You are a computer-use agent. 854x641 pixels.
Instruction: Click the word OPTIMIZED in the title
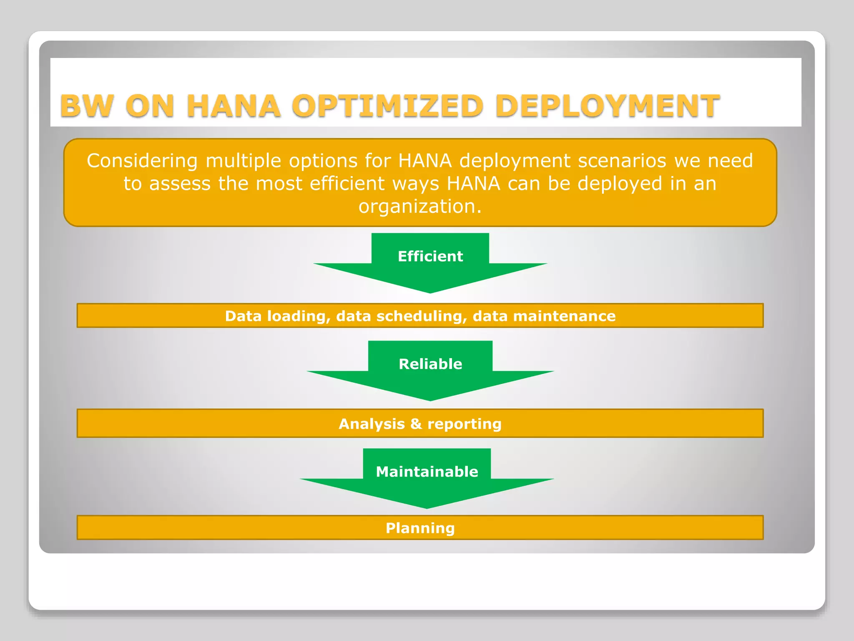click(x=387, y=106)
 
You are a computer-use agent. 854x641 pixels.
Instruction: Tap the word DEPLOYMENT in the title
click(x=608, y=106)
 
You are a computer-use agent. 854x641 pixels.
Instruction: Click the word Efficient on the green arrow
click(x=430, y=256)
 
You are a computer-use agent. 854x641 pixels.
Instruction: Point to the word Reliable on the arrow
click(x=430, y=364)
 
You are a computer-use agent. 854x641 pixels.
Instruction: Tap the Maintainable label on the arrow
click(x=427, y=472)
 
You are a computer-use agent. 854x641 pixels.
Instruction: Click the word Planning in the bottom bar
click(x=420, y=528)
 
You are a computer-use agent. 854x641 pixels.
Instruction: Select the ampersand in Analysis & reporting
click(x=416, y=424)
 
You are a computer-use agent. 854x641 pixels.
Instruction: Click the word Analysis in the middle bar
click(x=372, y=424)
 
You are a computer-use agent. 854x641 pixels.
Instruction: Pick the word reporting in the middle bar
click(x=464, y=424)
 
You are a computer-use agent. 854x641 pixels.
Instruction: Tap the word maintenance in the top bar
click(x=564, y=316)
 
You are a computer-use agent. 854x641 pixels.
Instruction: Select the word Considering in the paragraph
click(x=142, y=161)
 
